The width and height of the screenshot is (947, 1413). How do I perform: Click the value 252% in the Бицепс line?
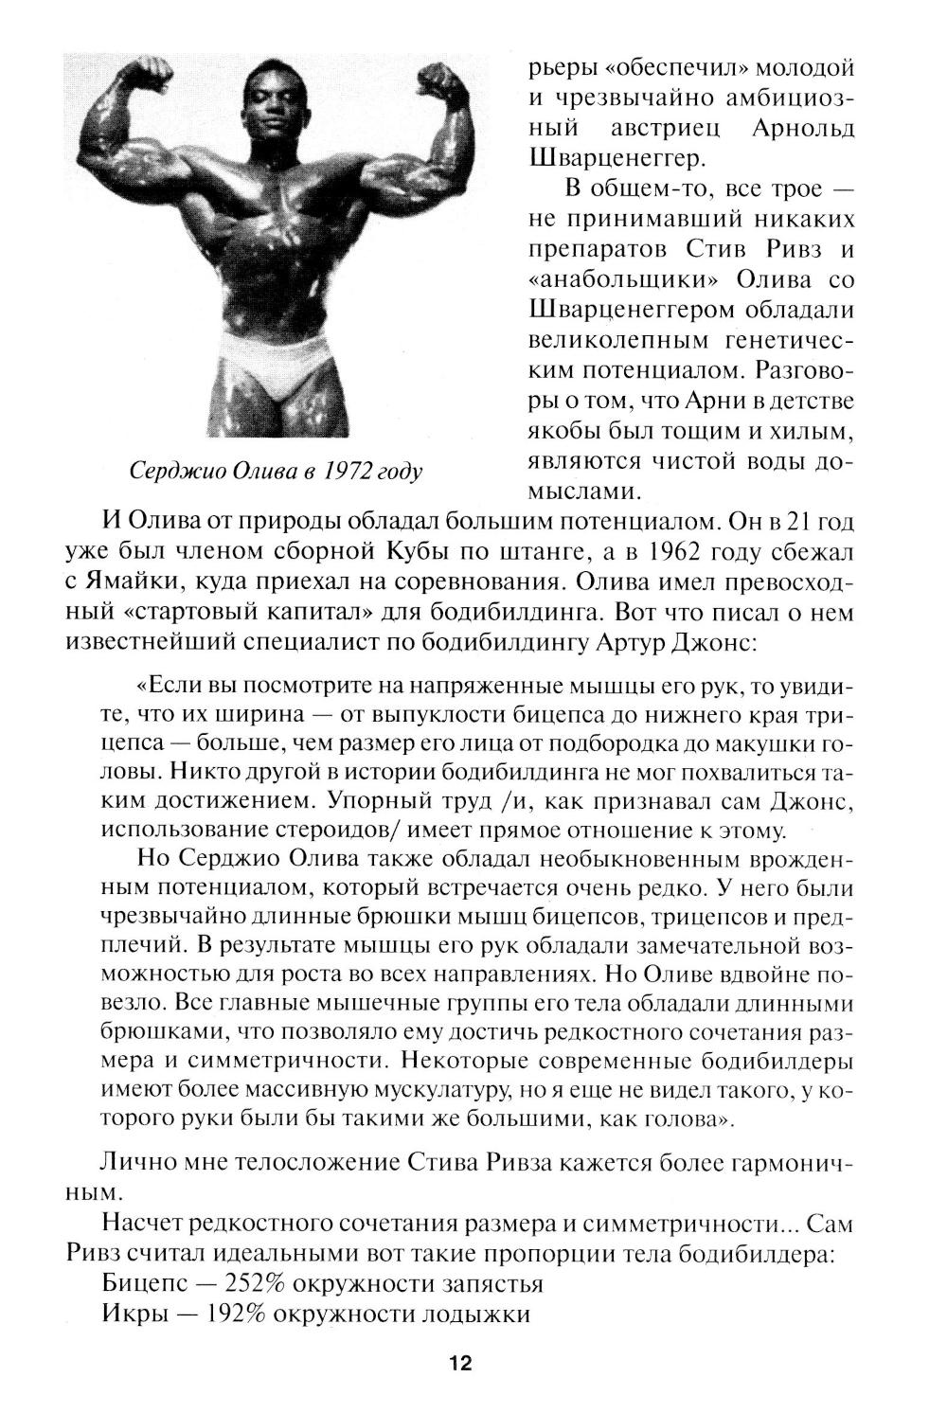tap(257, 1284)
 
